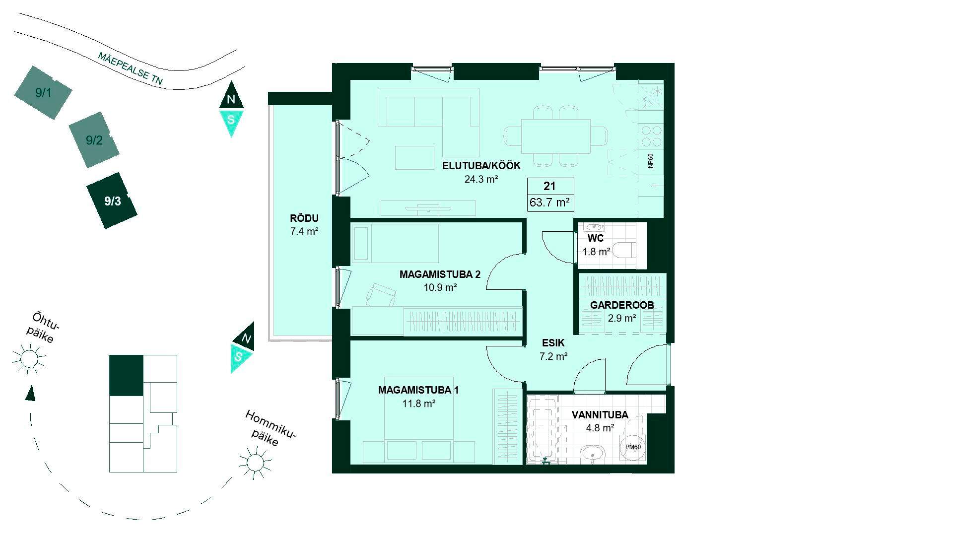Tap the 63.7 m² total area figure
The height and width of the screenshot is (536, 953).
[x=550, y=202]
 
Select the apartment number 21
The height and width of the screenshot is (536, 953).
[x=549, y=186]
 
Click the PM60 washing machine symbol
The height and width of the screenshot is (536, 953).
[x=633, y=447]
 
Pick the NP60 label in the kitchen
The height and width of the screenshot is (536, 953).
[x=651, y=161]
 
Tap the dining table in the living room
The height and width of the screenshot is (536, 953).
[x=555, y=136]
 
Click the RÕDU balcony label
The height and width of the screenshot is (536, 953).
[x=304, y=218]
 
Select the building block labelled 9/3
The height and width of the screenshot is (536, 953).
[x=112, y=201]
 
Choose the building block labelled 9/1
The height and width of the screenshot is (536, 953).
[x=43, y=92]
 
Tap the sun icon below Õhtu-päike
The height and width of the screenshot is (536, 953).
[x=29, y=358]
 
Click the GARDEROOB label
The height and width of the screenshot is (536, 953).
[x=621, y=305]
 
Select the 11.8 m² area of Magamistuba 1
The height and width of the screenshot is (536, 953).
[x=419, y=403]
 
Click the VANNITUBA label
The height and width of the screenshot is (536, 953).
[x=600, y=415]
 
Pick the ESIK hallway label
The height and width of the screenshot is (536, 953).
[x=553, y=343]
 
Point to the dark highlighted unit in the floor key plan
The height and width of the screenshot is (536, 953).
[x=126, y=376]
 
